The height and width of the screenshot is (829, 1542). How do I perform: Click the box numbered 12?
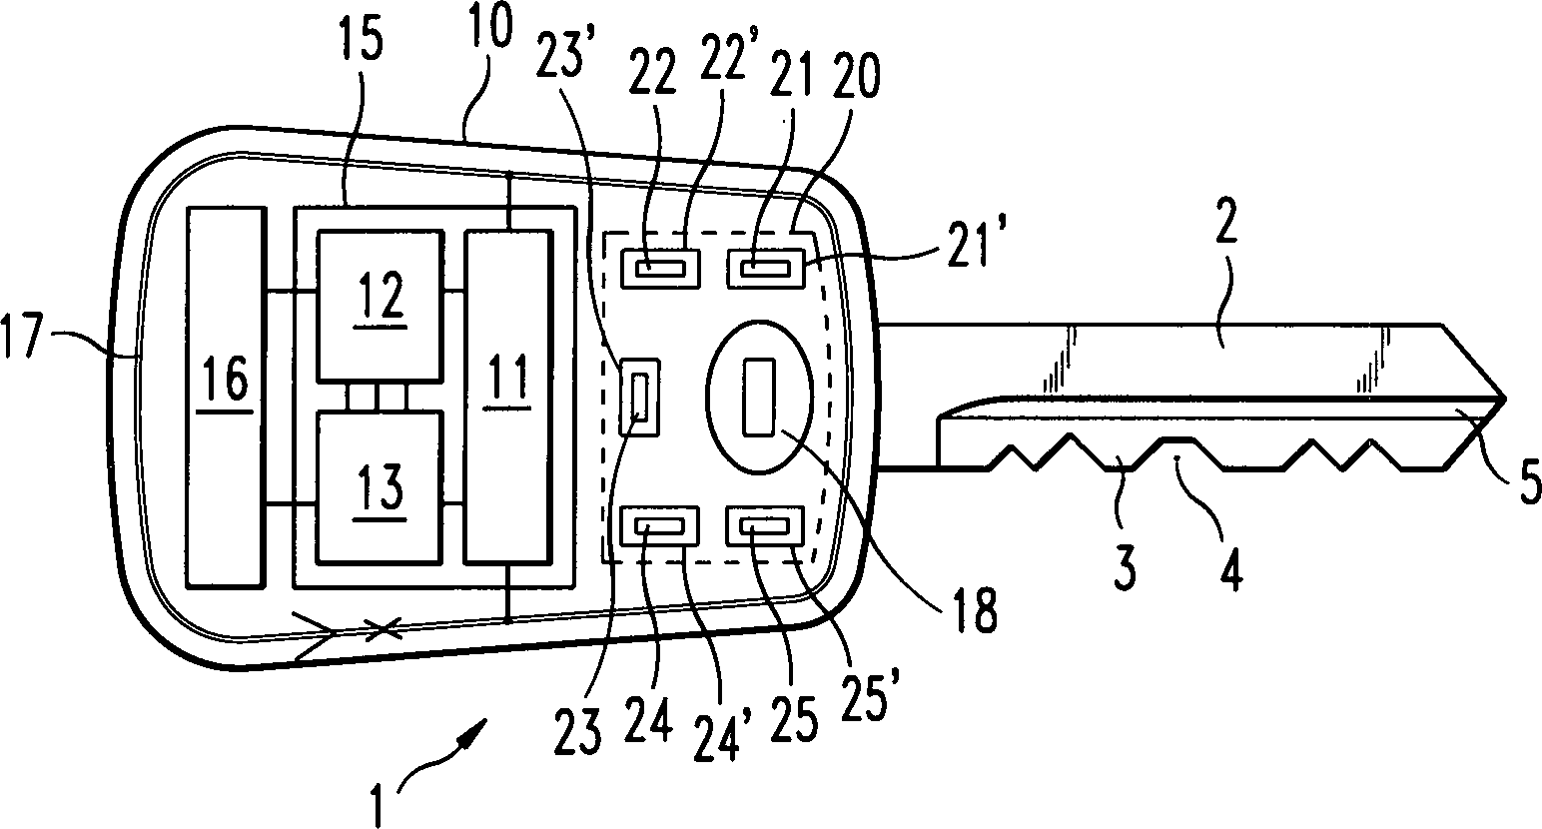coord(380,306)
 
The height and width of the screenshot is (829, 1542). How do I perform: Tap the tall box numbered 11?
coord(508,397)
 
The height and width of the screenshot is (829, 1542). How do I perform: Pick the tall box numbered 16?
coord(226,398)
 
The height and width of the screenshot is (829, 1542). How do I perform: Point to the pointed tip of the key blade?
coord(1505,399)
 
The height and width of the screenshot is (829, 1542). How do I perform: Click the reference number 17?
coord(23,336)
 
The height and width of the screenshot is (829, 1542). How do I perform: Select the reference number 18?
coord(973,610)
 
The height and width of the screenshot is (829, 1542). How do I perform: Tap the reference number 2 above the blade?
coord(1225,221)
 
